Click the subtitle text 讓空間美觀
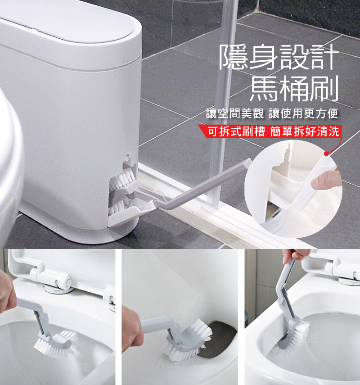point(235,113)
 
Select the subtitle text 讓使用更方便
point(303,113)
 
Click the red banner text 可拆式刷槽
point(236,131)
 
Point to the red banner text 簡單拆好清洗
point(305,131)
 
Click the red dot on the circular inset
point(326,154)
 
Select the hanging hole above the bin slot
point(128,157)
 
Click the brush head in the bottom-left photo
point(56,343)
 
